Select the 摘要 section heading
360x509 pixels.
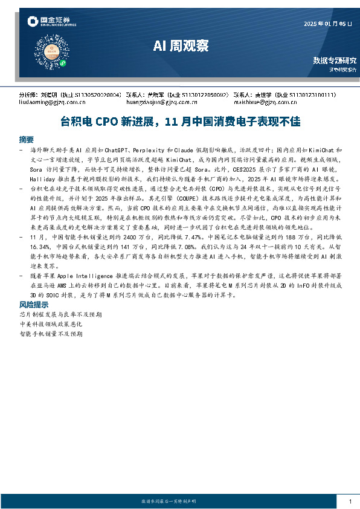pyautogui.click(x=27, y=138)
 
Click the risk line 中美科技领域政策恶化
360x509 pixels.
pyautogui.click(x=52, y=324)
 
